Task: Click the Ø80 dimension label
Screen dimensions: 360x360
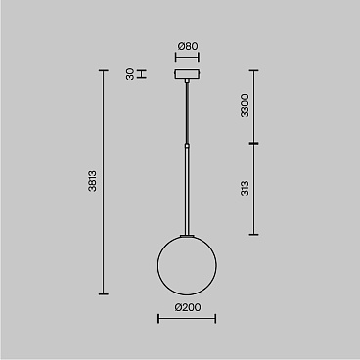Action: pos(187,46)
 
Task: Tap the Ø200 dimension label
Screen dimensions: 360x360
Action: pos(187,307)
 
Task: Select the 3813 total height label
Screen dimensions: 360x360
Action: pos(92,181)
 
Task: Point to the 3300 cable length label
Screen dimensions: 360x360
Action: pos(245,106)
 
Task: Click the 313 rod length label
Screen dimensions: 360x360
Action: pos(245,189)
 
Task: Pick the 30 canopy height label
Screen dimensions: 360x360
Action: pos(130,74)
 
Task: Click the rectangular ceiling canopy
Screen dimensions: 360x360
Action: pos(187,74)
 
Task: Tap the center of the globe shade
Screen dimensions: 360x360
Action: pos(187,265)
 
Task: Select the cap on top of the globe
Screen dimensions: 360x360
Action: pos(187,235)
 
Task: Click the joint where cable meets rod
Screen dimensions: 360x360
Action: pos(187,145)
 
